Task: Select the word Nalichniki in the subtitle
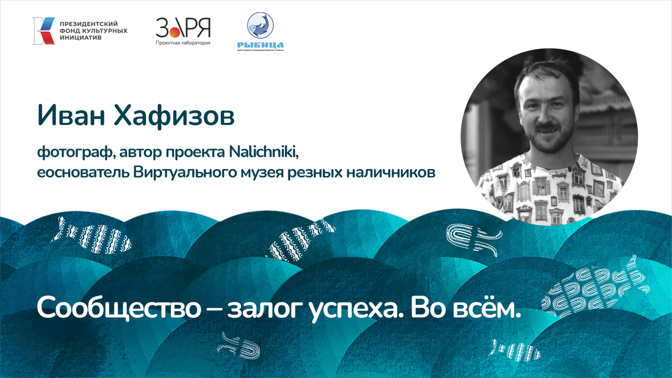pos(264,152)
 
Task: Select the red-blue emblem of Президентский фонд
pos(44,31)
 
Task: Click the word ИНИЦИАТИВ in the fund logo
pos(81,38)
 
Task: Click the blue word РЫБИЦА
pos(260,45)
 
